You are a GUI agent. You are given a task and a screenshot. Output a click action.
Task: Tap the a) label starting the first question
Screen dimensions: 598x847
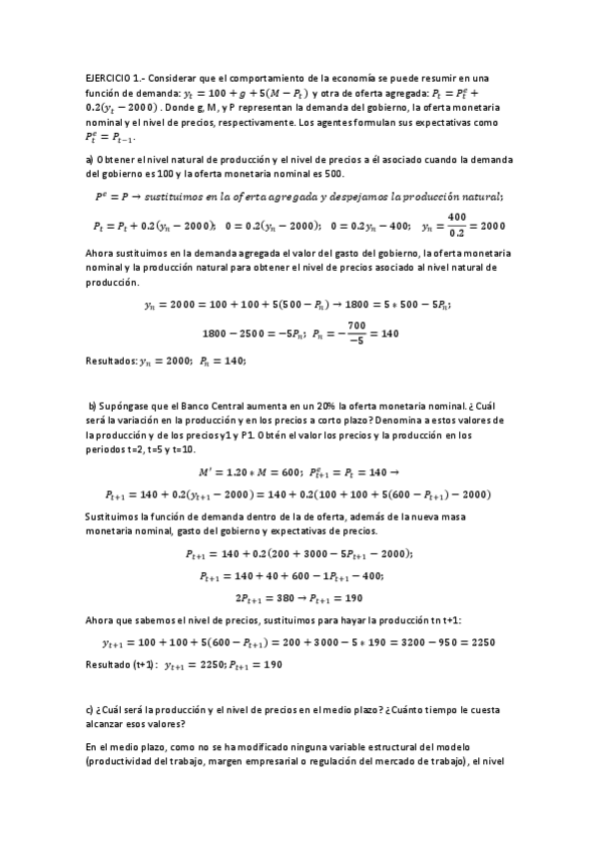coord(89,160)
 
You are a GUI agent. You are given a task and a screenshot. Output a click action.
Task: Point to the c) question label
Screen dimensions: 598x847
coord(89,708)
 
